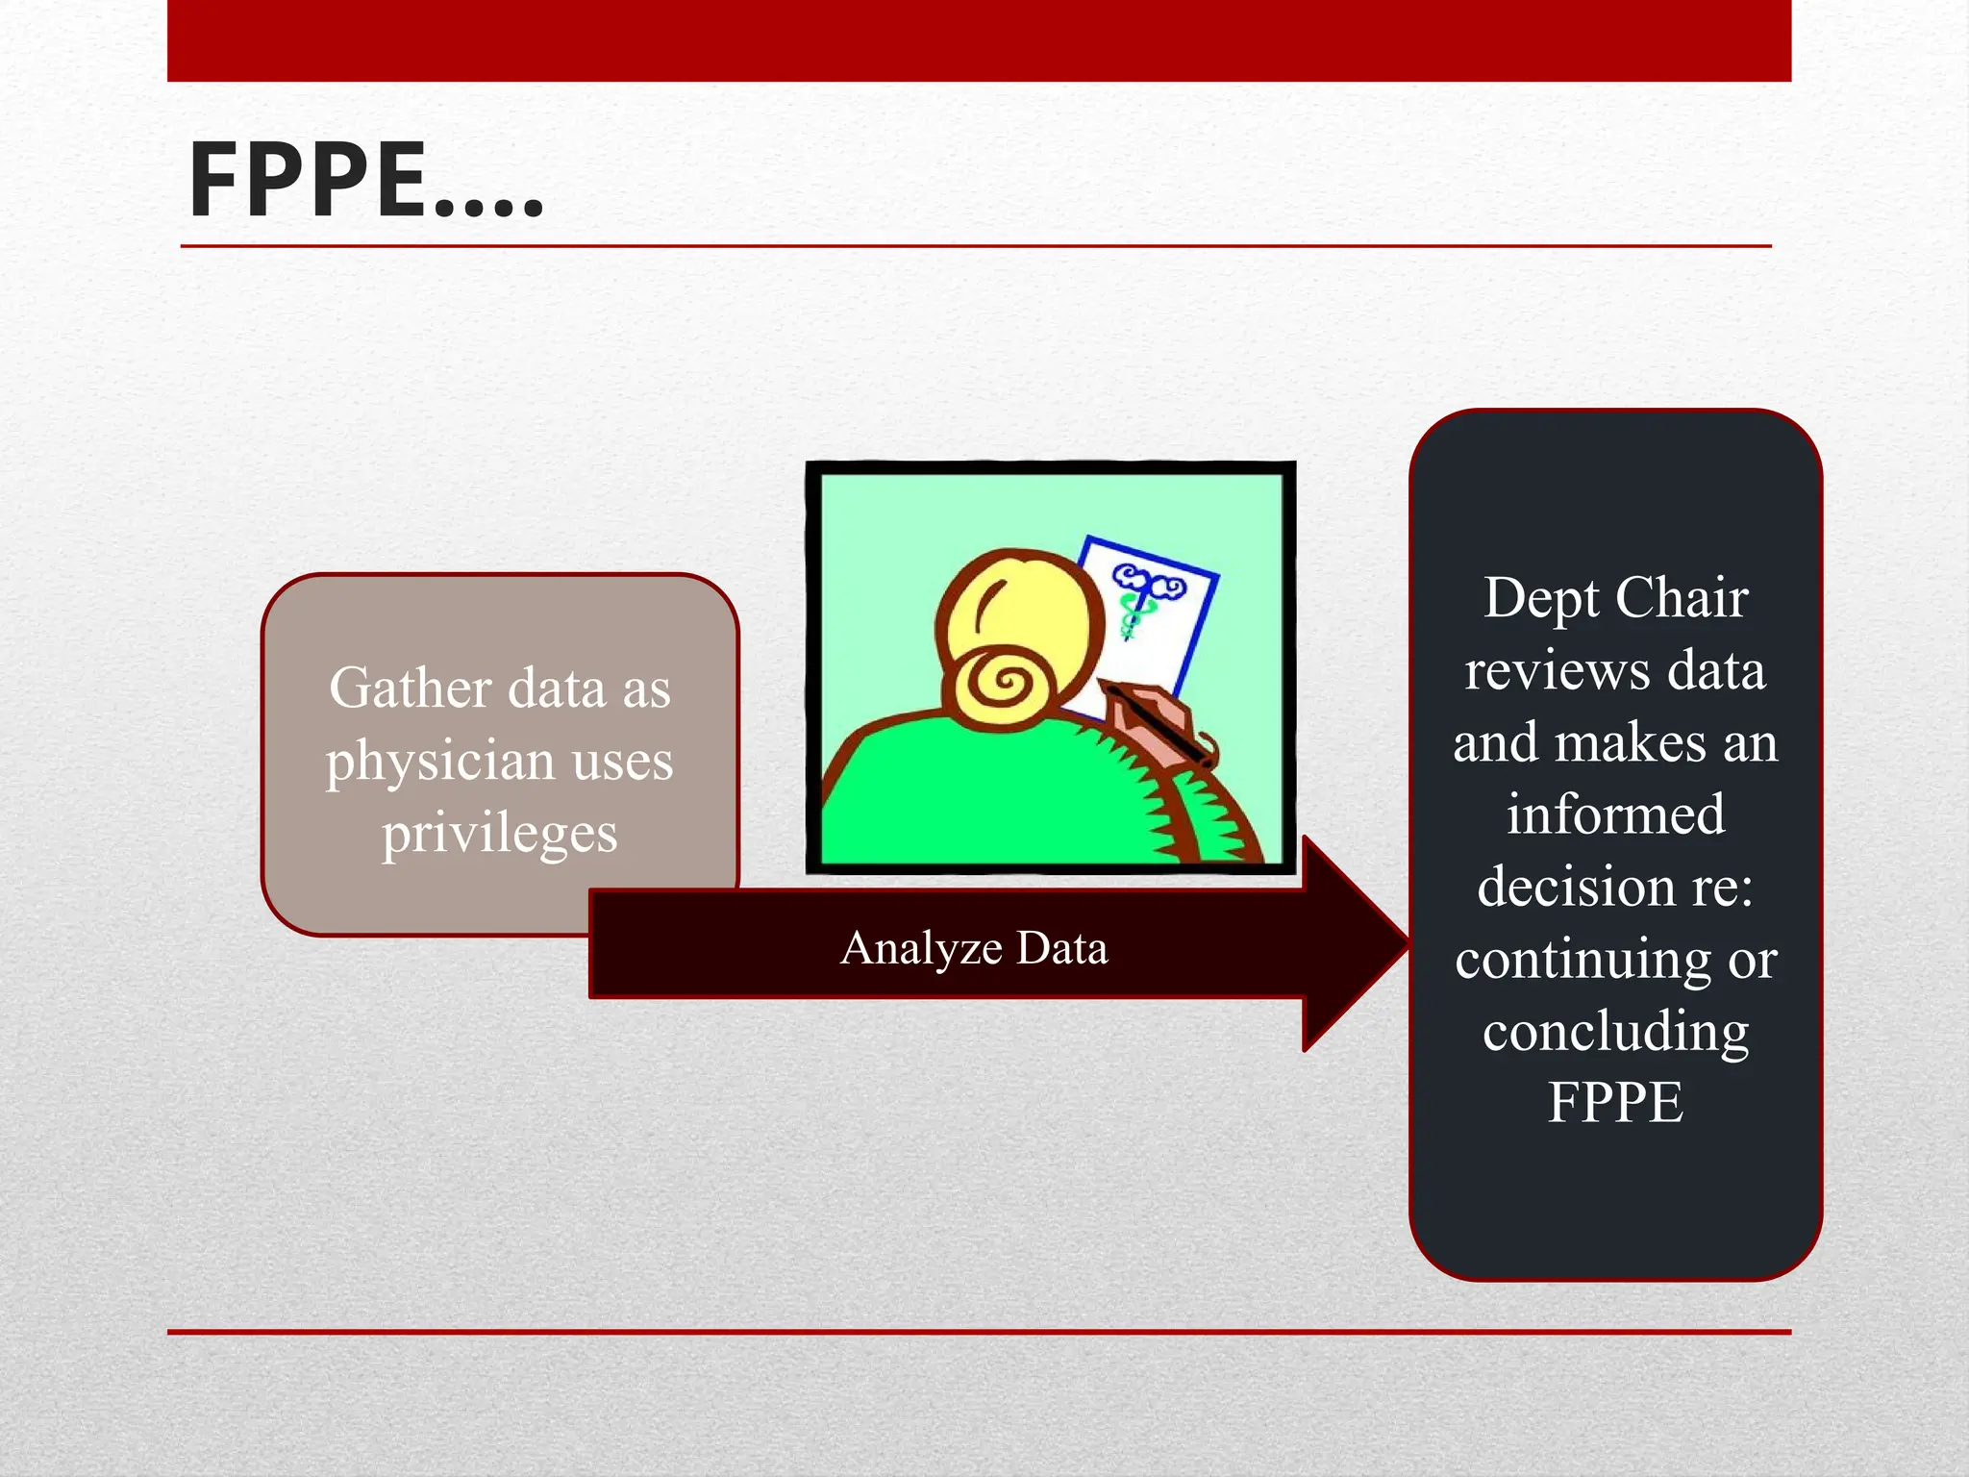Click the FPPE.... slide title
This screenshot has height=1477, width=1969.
[366, 181]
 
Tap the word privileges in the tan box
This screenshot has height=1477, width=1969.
[499, 833]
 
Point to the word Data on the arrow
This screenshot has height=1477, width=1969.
[1061, 948]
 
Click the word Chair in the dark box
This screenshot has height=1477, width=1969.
[1682, 598]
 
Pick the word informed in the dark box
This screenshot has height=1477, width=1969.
[1615, 814]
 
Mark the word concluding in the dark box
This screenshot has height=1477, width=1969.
[1615, 1031]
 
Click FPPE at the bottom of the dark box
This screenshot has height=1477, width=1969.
[1615, 1102]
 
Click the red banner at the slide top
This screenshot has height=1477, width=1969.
[979, 40]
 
